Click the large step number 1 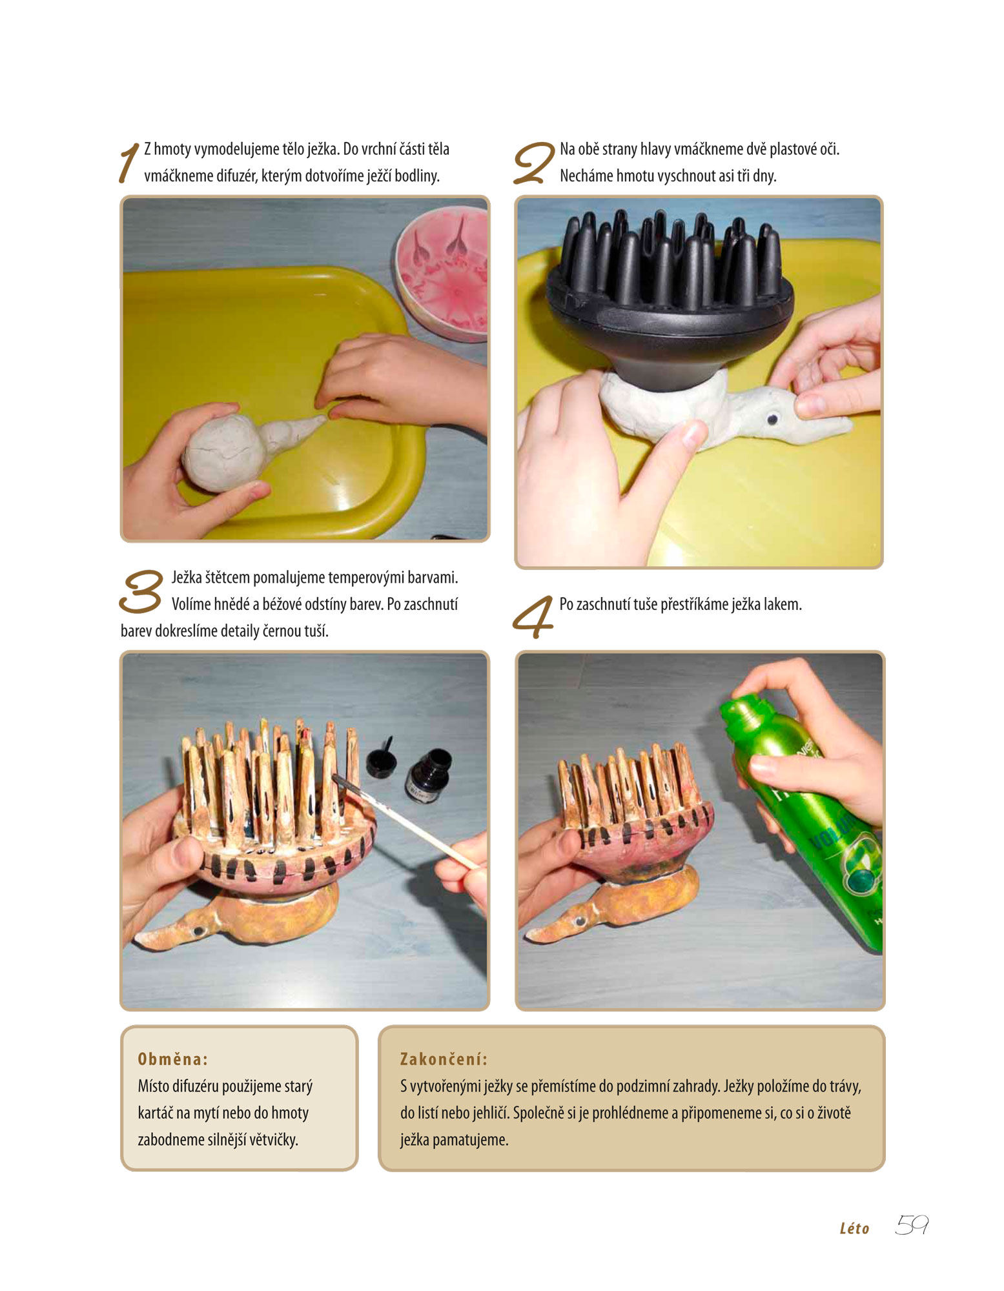point(129,163)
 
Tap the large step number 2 point(533,163)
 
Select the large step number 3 point(141,591)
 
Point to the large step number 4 point(533,617)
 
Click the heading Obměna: point(173,1059)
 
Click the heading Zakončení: point(444,1059)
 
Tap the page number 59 point(912,1225)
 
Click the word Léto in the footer point(854,1228)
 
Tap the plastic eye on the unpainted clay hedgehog point(772,420)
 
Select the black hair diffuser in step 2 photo point(670,294)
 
